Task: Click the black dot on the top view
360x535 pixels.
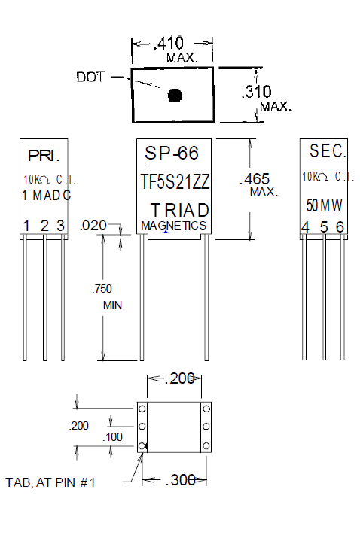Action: pos(175,96)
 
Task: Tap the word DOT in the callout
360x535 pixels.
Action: pos(90,77)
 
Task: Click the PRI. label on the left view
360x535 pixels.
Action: pos(43,157)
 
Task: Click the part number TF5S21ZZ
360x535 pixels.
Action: pos(175,181)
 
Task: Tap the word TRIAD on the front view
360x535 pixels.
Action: pos(179,209)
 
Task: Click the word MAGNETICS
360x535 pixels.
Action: pos(174,225)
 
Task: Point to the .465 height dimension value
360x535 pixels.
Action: pos(255,180)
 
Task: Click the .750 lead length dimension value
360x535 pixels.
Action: pos(103,290)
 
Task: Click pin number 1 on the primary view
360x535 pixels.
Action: pos(26,226)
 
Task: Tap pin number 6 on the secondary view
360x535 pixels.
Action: pos(340,227)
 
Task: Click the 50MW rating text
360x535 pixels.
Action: pos(322,205)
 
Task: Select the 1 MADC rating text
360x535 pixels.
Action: pos(47,196)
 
